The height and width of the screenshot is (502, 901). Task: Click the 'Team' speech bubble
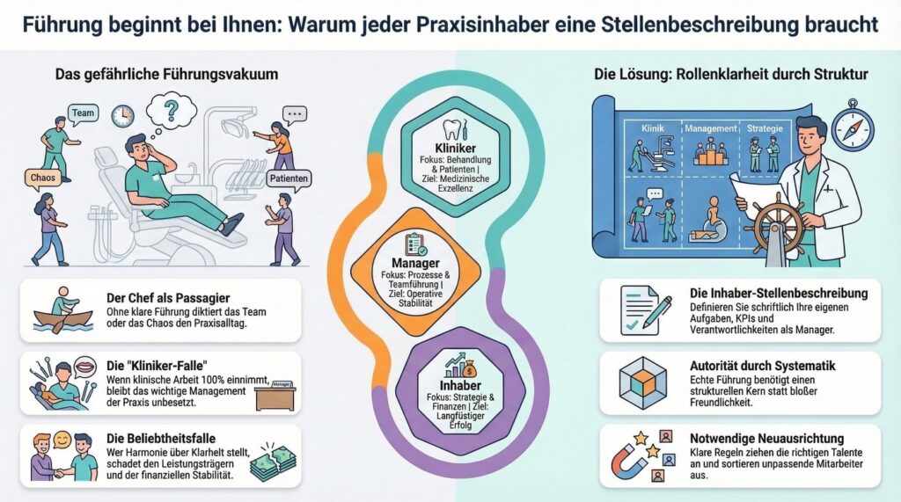[x=83, y=113]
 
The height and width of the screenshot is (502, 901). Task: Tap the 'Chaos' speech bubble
[x=42, y=178]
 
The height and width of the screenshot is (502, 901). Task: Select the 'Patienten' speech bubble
[x=289, y=178]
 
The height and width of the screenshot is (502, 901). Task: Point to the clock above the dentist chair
[x=122, y=116]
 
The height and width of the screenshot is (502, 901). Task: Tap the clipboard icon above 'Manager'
[x=415, y=244]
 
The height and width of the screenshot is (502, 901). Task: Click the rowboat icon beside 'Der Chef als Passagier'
[x=63, y=311]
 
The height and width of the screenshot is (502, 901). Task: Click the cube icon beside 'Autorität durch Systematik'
[x=642, y=382]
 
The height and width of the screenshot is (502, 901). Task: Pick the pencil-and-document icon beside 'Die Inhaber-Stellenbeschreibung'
[x=646, y=310]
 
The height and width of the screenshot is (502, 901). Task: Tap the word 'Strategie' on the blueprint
[x=765, y=128]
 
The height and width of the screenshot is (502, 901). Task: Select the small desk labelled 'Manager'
[x=275, y=396]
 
